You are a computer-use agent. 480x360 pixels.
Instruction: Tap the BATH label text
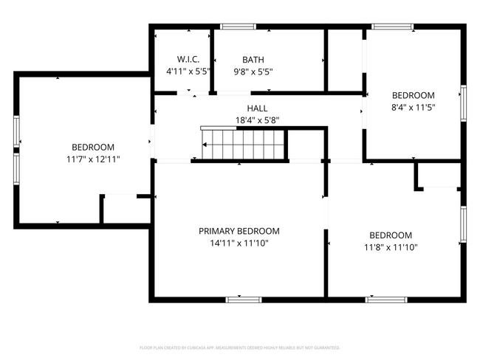coord(253,60)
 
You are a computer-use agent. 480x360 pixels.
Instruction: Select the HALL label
coord(257,108)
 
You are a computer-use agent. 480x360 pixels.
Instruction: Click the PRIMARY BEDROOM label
coord(239,231)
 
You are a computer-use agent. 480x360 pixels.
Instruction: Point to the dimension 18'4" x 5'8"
coord(257,120)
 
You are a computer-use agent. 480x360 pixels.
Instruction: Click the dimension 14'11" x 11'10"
coord(239,243)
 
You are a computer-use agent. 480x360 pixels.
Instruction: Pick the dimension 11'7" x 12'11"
coord(92,159)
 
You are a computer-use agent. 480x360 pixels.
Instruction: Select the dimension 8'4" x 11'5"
coord(413,107)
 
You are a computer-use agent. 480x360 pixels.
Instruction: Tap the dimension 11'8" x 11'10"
coord(391,248)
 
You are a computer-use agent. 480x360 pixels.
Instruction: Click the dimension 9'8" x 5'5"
coord(253,72)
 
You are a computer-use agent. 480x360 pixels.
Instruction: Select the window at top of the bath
coord(233,27)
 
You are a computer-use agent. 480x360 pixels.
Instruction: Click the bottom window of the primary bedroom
coord(243,300)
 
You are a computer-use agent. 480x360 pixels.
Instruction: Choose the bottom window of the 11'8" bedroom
coord(386,300)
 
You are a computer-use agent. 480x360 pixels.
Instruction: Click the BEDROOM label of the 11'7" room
coord(92,147)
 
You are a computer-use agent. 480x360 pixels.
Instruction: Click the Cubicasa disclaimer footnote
coord(239,347)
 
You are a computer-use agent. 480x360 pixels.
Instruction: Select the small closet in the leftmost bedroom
coord(126,210)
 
